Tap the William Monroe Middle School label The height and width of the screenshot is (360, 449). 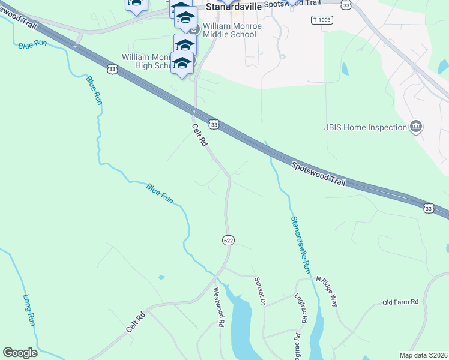click(x=229, y=30)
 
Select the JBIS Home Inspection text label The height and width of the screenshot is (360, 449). click(x=364, y=127)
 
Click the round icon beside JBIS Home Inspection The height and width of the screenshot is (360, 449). click(x=415, y=127)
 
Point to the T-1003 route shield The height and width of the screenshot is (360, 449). click(x=322, y=20)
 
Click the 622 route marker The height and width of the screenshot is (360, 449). click(x=228, y=240)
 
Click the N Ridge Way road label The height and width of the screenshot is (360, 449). click(x=327, y=291)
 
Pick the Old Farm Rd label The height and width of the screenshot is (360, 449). click(x=400, y=302)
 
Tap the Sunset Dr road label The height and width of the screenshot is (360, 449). click(x=259, y=291)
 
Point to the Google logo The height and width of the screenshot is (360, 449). click(x=20, y=353)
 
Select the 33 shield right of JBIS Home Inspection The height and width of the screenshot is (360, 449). click(x=428, y=208)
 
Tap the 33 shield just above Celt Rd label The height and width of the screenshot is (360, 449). click(x=214, y=124)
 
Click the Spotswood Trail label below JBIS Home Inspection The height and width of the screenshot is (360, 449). click(x=319, y=173)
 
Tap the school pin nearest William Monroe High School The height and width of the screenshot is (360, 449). click(x=182, y=64)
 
